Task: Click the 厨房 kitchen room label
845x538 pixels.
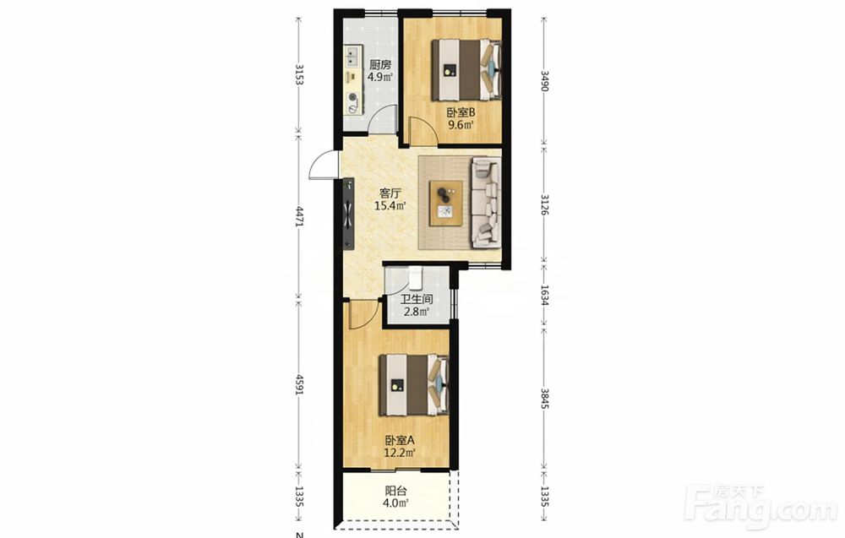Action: point(380,65)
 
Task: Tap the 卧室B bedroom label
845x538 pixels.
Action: point(461,112)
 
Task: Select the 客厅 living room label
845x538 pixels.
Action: point(390,193)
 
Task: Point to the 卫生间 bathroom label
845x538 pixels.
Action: point(417,299)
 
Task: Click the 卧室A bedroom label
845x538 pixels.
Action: point(400,440)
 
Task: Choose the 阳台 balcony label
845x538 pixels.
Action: point(395,491)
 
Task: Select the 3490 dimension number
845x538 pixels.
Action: point(544,81)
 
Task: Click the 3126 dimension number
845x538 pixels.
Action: point(544,204)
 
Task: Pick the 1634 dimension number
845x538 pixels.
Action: point(544,296)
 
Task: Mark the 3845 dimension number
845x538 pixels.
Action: point(544,398)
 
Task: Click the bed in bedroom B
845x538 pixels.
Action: point(466,70)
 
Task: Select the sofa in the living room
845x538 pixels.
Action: point(487,202)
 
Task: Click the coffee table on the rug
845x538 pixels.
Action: point(445,203)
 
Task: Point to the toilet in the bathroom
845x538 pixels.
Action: point(414,277)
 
